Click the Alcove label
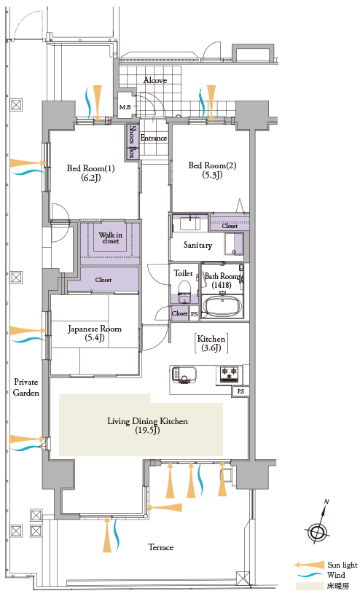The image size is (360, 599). click(x=155, y=80)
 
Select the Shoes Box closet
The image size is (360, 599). click(x=132, y=142)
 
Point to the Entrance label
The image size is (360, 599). click(x=154, y=138)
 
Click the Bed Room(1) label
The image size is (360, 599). click(x=90, y=173)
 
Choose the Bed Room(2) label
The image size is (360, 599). click(x=213, y=170)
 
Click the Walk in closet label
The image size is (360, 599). click(x=111, y=238)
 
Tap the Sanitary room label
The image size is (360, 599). click(x=197, y=245)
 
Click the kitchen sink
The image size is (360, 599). click(x=184, y=375)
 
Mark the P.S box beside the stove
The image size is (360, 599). click(x=240, y=391)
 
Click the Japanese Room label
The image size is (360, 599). click(x=95, y=333)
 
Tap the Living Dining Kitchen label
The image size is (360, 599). click(x=147, y=426)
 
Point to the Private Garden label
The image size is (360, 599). click(x=26, y=388)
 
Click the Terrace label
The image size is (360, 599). click(x=161, y=547)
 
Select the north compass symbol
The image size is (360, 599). click(x=318, y=526)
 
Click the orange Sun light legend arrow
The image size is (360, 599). click(x=309, y=565)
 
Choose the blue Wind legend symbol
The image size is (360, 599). click(x=310, y=575)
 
